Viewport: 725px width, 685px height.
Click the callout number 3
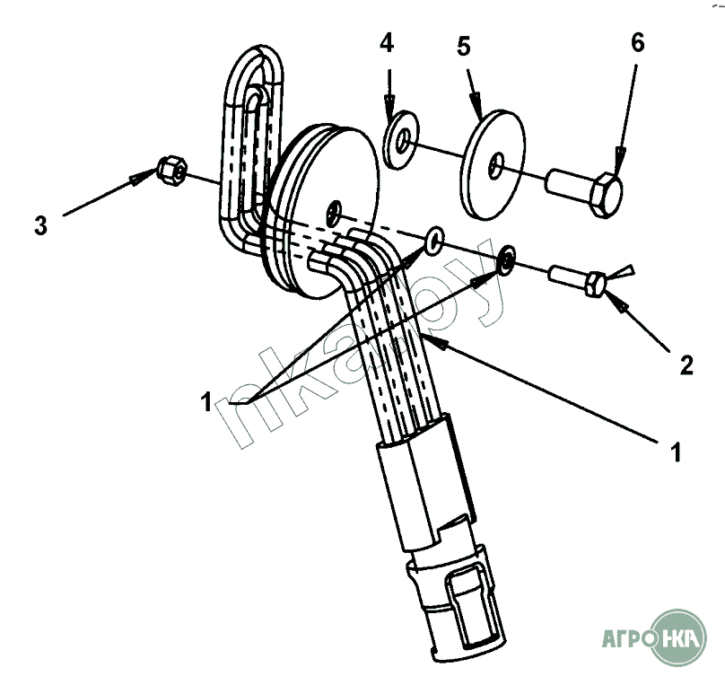40,224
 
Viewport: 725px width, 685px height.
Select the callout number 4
387,43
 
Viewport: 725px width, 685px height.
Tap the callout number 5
464,46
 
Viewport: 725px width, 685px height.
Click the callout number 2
686,364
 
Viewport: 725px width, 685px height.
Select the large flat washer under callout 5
497,163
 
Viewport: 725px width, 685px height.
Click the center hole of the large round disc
336,211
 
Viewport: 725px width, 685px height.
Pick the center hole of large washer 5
496,165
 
